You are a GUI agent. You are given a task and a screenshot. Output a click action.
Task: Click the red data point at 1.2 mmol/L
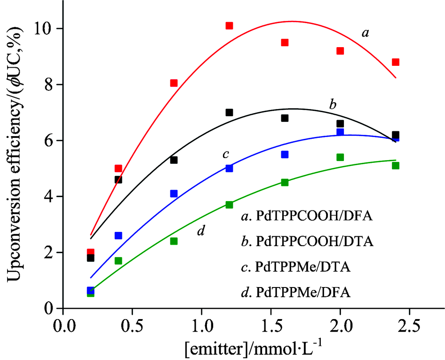coord(229,26)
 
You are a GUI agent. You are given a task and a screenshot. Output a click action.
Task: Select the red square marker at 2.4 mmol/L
coord(396,62)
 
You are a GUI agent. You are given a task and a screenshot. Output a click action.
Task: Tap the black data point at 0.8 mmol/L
coord(174,160)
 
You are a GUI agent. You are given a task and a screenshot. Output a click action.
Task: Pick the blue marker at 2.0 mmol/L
coord(340,132)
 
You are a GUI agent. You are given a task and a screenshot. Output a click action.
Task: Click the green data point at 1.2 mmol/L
coord(229,205)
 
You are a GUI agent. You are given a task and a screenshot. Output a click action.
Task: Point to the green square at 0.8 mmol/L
coord(174,241)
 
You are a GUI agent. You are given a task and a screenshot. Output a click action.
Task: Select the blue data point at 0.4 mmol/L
coord(118,235)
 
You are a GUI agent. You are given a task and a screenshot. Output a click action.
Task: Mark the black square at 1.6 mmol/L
coord(285,118)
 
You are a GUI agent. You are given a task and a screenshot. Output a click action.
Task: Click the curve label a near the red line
coord(365,34)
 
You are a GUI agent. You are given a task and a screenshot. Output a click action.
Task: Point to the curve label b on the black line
coord(332,105)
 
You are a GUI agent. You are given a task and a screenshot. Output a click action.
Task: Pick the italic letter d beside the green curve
coord(201,231)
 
